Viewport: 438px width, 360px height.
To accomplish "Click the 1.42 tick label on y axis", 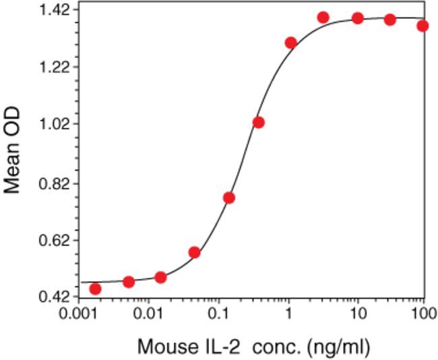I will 58,10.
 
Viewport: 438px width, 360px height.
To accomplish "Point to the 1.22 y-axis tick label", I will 58,67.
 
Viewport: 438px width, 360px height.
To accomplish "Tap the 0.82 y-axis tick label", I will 58,183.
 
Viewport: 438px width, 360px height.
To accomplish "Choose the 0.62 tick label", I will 58,240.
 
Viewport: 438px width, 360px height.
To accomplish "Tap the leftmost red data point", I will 95,289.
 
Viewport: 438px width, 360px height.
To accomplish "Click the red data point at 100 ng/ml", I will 423,26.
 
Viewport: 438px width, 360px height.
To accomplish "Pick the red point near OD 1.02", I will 258,122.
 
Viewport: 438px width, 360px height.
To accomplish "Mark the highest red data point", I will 323,17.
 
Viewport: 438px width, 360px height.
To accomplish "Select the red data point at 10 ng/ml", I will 358,18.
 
